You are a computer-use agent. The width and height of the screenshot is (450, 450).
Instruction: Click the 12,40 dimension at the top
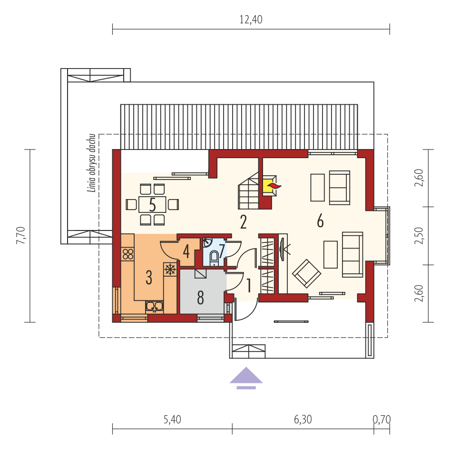click(251, 20)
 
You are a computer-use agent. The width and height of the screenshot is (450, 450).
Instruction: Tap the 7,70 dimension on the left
click(20, 235)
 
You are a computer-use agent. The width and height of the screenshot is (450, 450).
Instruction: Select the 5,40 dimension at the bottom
click(172, 420)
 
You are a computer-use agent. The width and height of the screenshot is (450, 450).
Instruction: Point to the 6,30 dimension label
click(303, 420)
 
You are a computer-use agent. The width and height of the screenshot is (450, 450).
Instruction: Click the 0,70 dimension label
click(382, 420)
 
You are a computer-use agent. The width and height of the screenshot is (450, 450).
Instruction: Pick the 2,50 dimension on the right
click(419, 236)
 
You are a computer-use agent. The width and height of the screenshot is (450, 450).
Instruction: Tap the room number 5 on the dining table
click(152, 205)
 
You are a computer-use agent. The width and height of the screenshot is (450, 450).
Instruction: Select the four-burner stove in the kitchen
click(128, 254)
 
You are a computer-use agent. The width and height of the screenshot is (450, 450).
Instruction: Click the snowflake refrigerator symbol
click(170, 269)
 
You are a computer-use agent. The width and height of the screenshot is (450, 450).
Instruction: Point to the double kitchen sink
click(155, 306)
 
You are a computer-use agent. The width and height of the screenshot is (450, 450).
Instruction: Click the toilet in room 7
click(214, 257)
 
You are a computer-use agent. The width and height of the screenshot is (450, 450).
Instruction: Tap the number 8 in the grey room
click(201, 298)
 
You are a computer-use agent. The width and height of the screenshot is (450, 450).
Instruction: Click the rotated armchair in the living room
click(306, 273)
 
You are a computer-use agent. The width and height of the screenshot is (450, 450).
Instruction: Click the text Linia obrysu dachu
click(91, 163)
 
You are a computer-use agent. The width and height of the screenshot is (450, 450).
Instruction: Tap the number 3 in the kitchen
click(149, 277)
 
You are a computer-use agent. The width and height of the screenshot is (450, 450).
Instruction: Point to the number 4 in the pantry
click(186, 251)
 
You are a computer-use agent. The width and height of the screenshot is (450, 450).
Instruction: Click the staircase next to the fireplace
click(248, 190)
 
